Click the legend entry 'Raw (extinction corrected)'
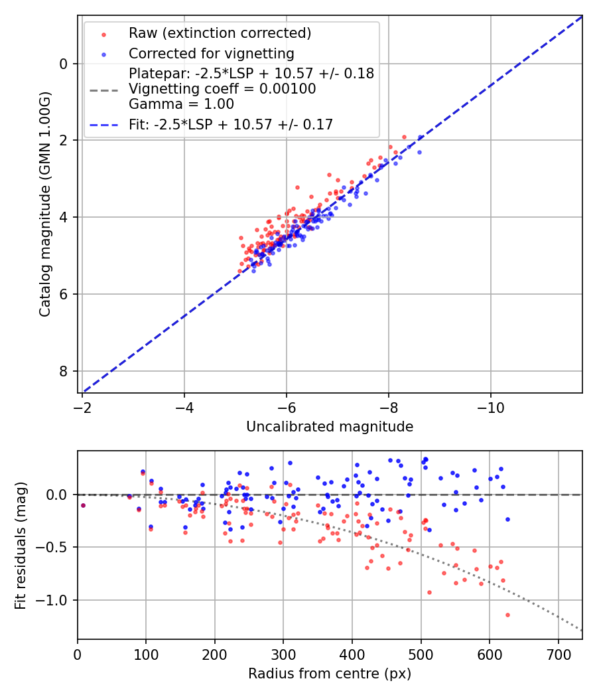tap(220, 33)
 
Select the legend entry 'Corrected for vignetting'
tap(211, 53)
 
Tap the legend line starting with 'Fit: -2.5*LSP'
tap(230, 124)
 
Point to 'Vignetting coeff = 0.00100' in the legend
tap(222, 88)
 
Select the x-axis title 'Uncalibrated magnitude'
tap(330, 427)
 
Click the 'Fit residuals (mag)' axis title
tap(21, 545)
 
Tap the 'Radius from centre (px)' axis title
tap(330, 674)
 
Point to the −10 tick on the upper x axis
tap(490, 404)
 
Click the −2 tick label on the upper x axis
tap(82, 404)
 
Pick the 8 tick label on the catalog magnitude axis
tap(64, 371)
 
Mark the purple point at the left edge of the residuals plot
tap(83, 505)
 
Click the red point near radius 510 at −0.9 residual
tap(429, 592)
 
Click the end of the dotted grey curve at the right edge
tap(582, 630)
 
